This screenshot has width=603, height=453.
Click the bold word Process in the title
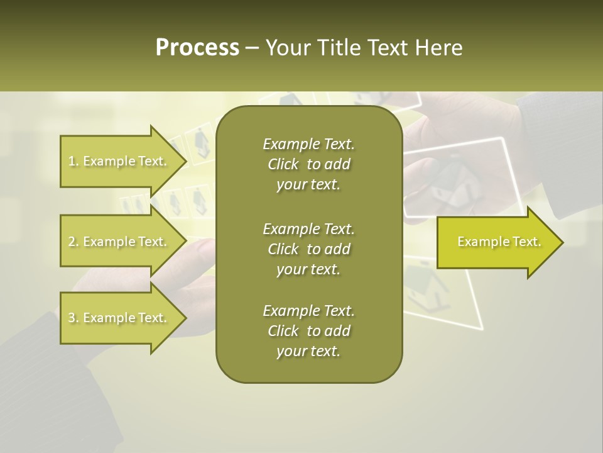(x=197, y=48)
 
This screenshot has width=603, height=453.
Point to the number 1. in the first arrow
(x=73, y=161)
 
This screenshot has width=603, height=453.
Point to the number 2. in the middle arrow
(x=73, y=242)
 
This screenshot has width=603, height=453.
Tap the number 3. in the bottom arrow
(x=73, y=318)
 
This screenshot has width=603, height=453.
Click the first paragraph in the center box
(x=308, y=164)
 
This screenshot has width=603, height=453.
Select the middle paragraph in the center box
(x=308, y=249)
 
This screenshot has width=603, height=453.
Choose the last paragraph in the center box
(x=308, y=331)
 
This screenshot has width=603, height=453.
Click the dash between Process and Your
(x=252, y=48)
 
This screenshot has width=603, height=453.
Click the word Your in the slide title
(x=286, y=48)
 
